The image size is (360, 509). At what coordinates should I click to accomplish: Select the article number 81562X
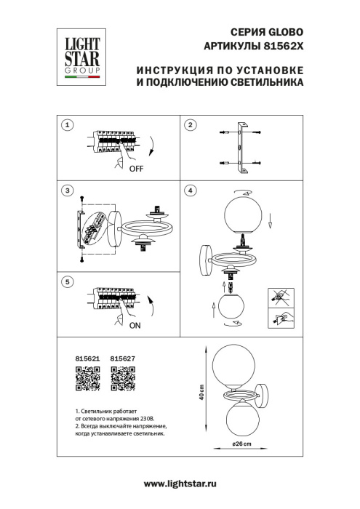click(x=281, y=46)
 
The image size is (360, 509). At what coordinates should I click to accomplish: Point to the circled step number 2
click(x=191, y=125)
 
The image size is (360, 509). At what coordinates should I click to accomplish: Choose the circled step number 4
click(x=191, y=191)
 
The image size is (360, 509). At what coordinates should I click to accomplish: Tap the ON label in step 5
click(x=135, y=326)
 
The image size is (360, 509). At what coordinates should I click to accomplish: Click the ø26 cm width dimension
click(x=242, y=444)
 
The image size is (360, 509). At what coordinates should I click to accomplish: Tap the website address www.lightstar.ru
click(x=180, y=484)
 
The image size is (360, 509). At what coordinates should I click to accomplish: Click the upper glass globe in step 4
click(x=240, y=212)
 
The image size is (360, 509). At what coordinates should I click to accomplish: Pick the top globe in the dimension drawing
click(x=231, y=364)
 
